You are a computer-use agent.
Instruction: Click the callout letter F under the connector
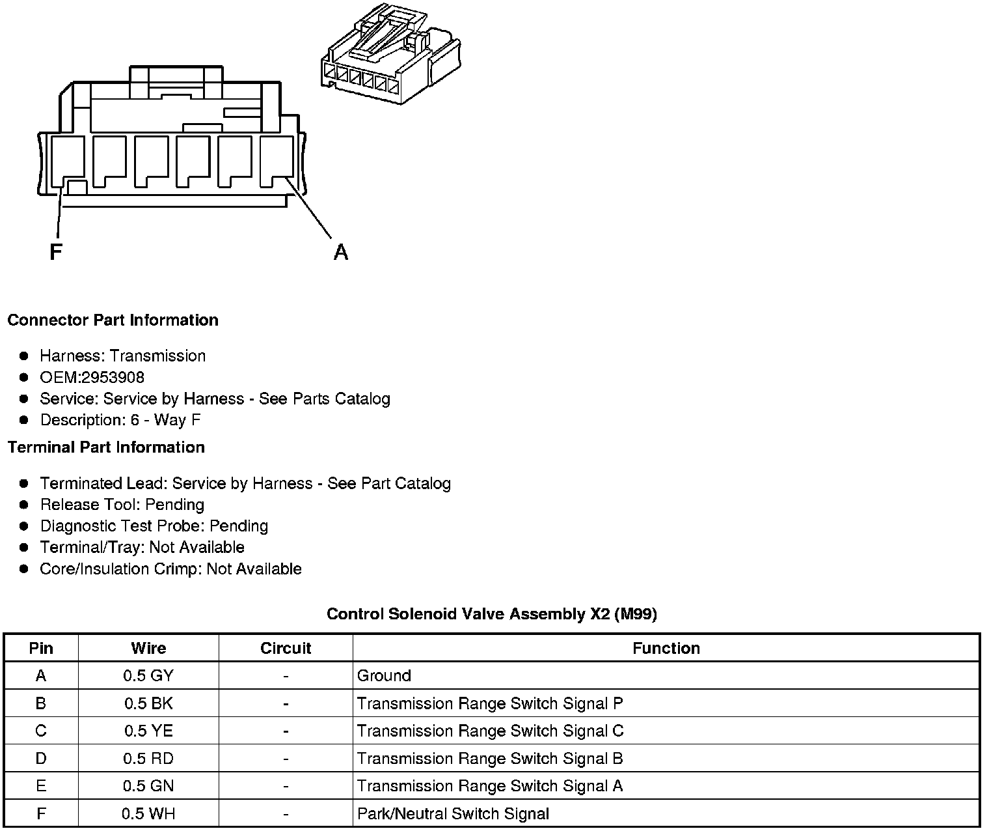[x=56, y=251]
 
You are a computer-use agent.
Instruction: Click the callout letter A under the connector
[x=340, y=251]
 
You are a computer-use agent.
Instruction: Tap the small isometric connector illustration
[x=390, y=56]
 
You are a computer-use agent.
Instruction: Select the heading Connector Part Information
[x=113, y=320]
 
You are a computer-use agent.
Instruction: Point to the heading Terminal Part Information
[x=106, y=447]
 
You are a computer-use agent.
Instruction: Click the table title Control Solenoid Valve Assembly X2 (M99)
[x=491, y=613]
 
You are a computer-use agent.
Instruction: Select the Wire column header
[x=148, y=648]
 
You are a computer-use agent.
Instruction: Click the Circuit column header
[x=286, y=648]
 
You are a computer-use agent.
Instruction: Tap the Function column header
[x=666, y=648]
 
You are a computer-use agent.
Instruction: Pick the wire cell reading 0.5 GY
[x=148, y=676]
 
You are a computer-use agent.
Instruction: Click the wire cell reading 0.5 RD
[x=148, y=759]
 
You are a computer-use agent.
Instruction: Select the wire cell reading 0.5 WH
[x=148, y=814]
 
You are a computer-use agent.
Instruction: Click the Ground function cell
[x=384, y=676]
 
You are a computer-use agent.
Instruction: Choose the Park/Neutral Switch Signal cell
[x=453, y=814]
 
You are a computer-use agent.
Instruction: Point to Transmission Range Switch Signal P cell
[x=489, y=703]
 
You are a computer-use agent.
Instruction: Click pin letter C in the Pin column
[x=41, y=731]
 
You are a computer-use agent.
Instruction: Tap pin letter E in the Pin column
[x=41, y=786]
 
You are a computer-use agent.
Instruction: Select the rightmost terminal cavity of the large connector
[x=277, y=161]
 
